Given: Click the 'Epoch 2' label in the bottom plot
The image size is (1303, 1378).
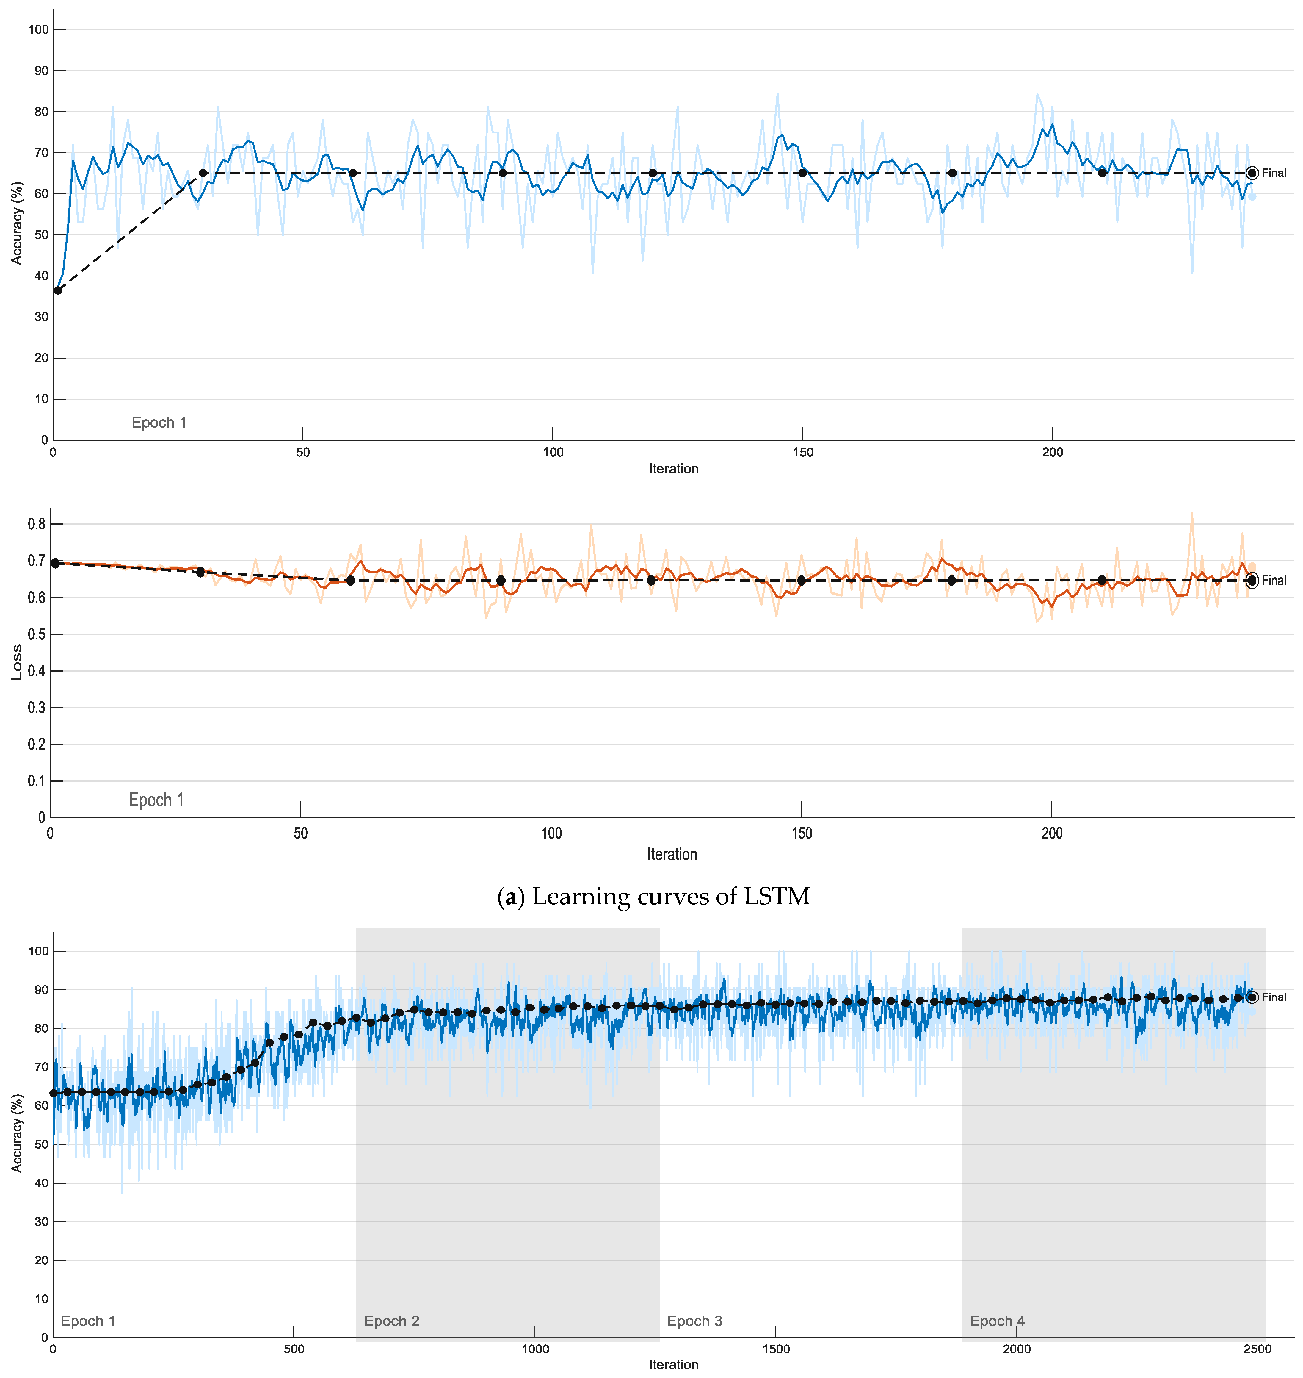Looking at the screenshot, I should (392, 1321).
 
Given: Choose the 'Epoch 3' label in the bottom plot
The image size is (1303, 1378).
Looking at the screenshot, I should (694, 1321).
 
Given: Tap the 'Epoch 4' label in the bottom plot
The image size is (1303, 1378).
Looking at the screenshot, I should (997, 1321).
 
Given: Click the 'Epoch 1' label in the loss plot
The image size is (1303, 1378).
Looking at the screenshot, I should (156, 800).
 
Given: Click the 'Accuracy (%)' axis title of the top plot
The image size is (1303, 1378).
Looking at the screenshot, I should (17, 223).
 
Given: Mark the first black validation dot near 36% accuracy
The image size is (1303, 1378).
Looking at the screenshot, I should (58, 290).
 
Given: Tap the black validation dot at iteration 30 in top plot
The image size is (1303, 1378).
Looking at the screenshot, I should (203, 173).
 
